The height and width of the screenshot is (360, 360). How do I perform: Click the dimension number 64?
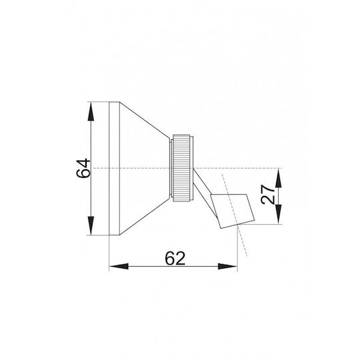pyautogui.click(x=83, y=168)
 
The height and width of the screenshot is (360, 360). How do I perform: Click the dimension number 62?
pyautogui.click(x=175, y=258)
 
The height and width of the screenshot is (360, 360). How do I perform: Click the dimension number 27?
pyautogui.click(x=268, y=194)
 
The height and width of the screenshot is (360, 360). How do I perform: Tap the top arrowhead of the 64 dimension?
pyautogui.click(x=91, y=111)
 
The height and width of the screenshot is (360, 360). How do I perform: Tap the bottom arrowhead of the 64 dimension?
pyautogui.click(x=91, y=226)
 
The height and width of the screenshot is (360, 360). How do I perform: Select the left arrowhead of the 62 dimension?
pyautogui.click(x=119, y=266)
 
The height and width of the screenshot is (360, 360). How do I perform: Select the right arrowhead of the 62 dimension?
pyautogui.click(x=227, y=266)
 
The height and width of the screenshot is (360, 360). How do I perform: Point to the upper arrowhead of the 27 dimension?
pyautogui.click(x=279, y=178)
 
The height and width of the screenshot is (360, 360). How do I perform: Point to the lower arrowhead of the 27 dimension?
pyautogui.click(x=279, y=214)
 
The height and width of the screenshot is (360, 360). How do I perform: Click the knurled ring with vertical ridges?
pyautogui.click(x=181, y=168)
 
